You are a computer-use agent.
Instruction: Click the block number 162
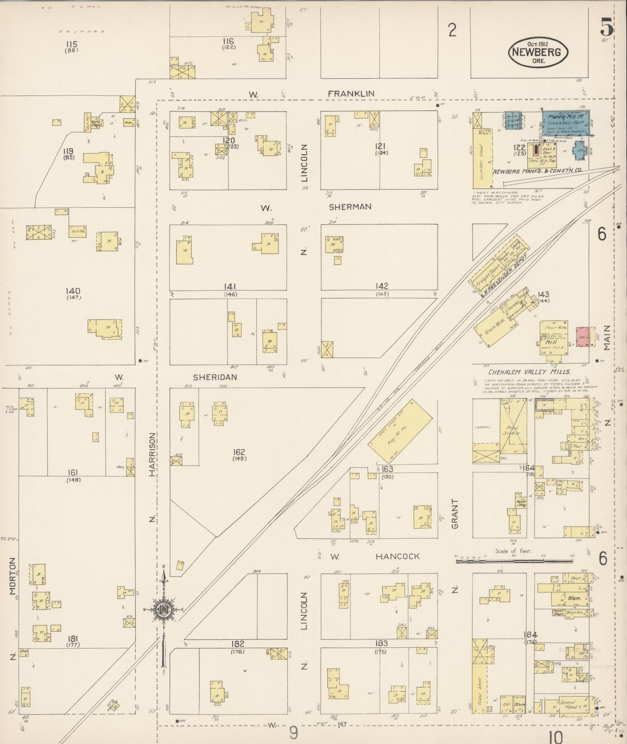coord(239,452)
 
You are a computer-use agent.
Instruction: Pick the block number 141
coord(230,286)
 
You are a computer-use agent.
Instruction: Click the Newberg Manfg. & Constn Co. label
coord(537,171)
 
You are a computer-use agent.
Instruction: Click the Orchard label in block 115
coord(82,32)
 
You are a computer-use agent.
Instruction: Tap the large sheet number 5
coord(607,29)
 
